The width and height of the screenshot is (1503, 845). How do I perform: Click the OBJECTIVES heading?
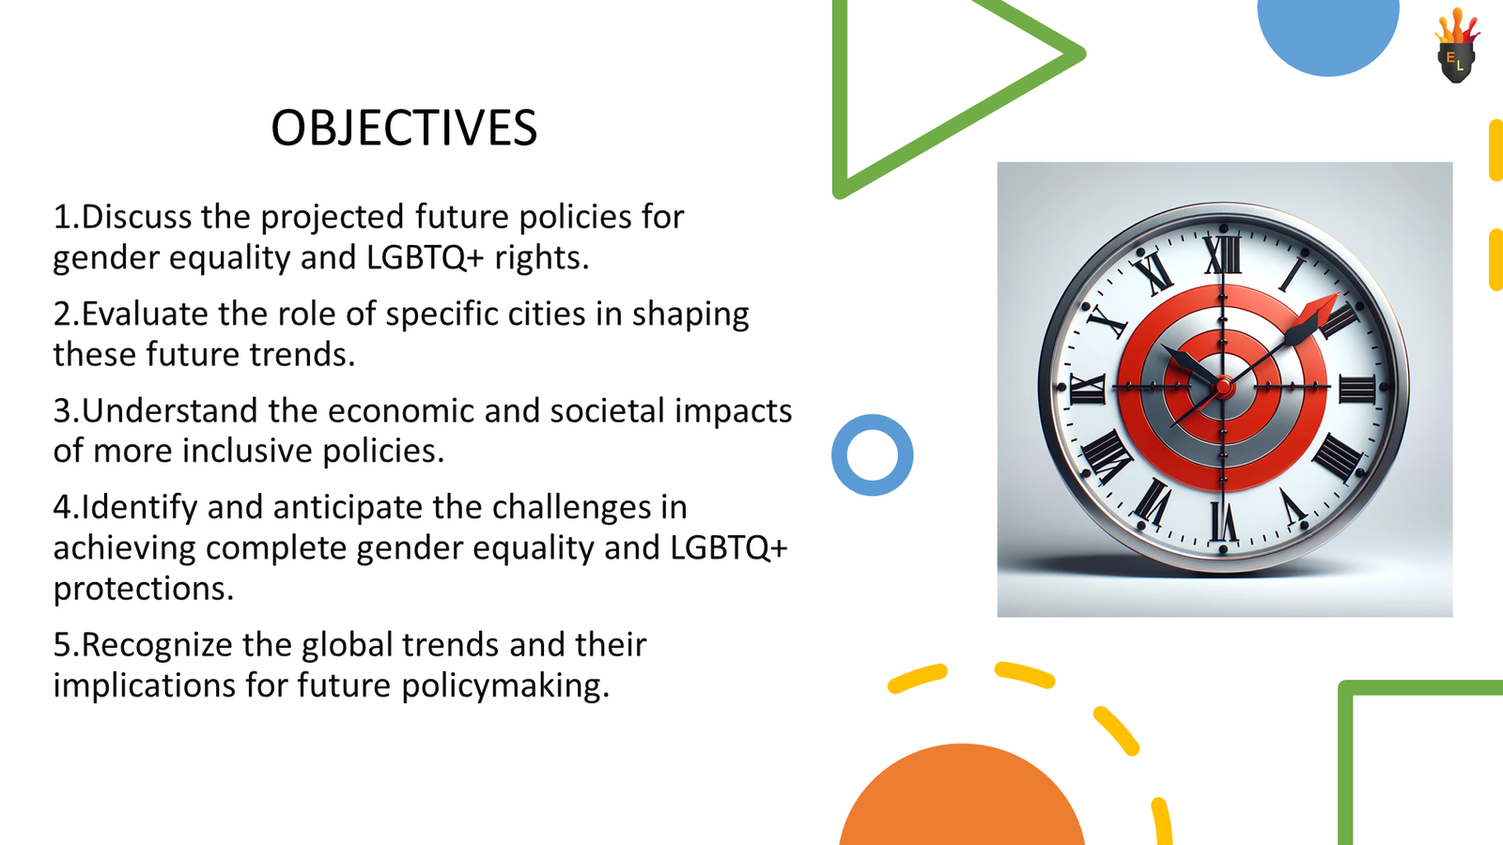(404, 128)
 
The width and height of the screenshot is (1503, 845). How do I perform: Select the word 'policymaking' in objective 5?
(501, 685)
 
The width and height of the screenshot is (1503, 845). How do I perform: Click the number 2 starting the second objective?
(62, 314)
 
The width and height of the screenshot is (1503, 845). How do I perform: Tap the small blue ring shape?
(873, 455)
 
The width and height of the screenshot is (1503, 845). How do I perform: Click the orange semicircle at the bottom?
(961, 803)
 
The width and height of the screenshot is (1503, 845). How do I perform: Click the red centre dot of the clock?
(1223, 386)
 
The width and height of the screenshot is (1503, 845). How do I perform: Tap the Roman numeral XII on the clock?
(1223, 253)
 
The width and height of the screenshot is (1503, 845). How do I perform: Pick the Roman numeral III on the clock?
(1356, 387)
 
